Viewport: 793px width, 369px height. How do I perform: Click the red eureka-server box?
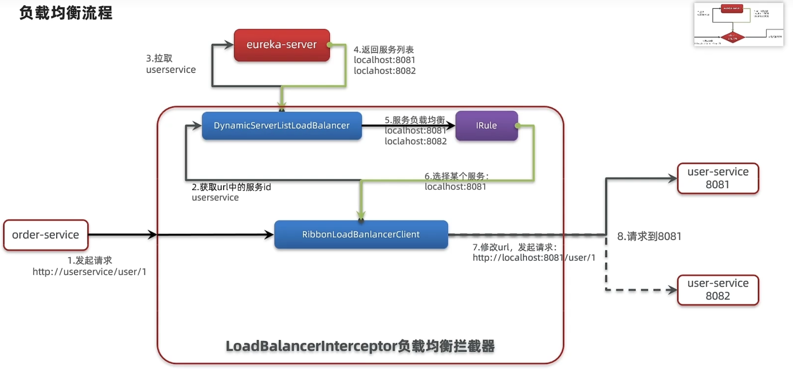tap(281, 45)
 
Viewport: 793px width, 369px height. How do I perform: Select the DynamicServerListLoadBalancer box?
tap(281, 126)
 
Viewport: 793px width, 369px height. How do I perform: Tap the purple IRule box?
tap(486, 126)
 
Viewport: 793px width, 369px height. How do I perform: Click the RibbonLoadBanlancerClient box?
tap(361, 234)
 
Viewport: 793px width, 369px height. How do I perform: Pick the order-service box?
tap(46, 235)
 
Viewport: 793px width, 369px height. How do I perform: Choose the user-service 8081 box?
tap(718, 178)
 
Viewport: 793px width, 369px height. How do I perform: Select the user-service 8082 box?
tap(718, 290)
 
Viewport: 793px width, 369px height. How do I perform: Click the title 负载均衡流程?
tap(66, 13)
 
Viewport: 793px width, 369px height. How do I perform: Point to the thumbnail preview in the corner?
tap(738, 25)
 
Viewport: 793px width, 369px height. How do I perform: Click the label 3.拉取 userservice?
tap(170, 64)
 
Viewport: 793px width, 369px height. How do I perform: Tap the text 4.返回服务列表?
tap(383, 50)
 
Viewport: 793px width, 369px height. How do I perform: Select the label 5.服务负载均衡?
tap(414, 120)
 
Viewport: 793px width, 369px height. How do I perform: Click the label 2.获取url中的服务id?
tap(231, 187)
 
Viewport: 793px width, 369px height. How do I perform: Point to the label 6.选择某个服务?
tap(456, 176)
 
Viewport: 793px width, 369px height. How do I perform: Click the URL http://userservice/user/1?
tap(89, 272)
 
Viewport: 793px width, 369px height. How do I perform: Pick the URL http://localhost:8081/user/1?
tap(533, 258)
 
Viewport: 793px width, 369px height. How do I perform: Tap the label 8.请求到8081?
tap(649, 236)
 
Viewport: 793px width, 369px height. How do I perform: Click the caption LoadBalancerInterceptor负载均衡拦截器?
tap(360, 346)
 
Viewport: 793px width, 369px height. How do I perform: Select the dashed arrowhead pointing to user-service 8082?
tap(672, 290)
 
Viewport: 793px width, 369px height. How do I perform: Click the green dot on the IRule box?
tap(518, 126)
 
